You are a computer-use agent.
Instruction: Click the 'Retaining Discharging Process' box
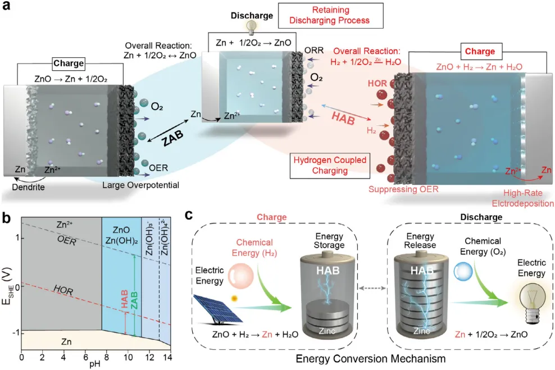click(331, 16)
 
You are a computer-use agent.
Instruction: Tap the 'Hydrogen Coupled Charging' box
click(330, 166)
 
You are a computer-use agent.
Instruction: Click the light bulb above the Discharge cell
click(251, 28)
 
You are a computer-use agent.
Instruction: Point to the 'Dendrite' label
click(28, 187)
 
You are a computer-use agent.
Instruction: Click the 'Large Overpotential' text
click(140, 185)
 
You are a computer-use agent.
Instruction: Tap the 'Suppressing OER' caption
click(403, 189)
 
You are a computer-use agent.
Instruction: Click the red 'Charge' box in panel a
click(480, 51)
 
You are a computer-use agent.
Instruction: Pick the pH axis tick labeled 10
click(128, 357)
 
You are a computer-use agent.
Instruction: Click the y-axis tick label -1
click(15, 333)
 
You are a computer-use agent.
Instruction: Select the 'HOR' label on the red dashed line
click(63, 290)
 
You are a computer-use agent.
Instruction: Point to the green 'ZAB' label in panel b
click(134, 300)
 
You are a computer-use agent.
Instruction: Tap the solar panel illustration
click(218, 309)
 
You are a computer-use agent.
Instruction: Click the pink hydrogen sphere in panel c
click(240, 276)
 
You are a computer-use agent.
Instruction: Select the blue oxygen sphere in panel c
click(463, 272)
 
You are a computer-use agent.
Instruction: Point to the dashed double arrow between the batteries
click(372, 288)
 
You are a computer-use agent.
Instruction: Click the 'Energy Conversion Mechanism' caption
click(371, 359)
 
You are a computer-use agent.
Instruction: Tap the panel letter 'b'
click(6, 218)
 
